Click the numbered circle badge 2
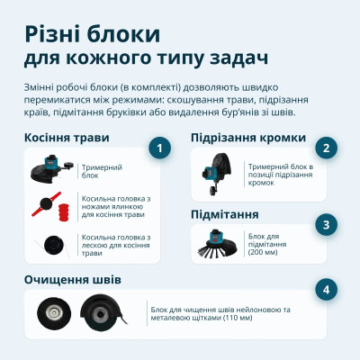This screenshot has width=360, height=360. tap(328, 148)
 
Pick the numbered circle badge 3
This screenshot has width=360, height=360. tap(328, 225)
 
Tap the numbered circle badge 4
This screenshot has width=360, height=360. tap(328, 290)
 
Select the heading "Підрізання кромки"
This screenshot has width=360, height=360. tap(247, 138)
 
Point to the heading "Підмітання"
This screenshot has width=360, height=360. tap(225, 214)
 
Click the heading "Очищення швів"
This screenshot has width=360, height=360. tap(72, 280)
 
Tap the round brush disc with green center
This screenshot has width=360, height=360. tap(51, 313)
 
